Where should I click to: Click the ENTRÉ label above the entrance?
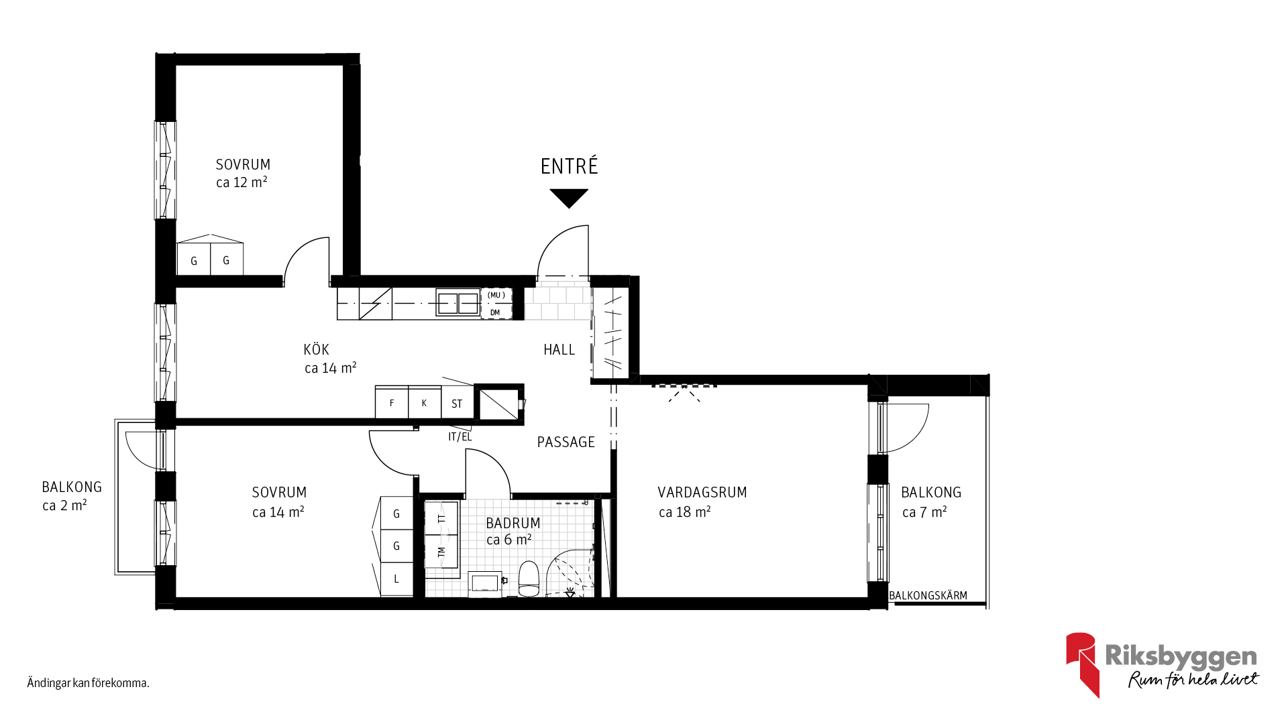pyautogui.click(x=569, y=166)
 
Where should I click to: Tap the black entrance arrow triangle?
pyautogui.click(x=569, y=198)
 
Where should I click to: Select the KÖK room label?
pyautogui.click(x=317, y=349)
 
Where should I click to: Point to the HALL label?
pyautogui.click(x=559, y=349)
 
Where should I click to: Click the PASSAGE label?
pyautogui.click(x=566, y=442)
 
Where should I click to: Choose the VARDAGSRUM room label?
pyautogui.click(x=702, y=493)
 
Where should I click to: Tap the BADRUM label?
pyautogui.click(x=513, y=523)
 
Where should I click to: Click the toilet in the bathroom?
pyautogui.click(x=529, y=579)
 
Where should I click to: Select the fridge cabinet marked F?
pyautogui.click(x=392, y=403)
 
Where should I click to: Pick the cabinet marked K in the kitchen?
pyautogui.click(x=425, y=403)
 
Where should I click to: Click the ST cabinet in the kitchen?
pyautogui.click(x=458, y=403)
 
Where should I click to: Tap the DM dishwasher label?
pyautogui.click(x=495, y=312)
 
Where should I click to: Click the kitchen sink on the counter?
pyautogui.click(x=458, y=304)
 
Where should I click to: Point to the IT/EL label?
pyautogui.click(x=460, y=437)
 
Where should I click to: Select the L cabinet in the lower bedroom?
pyautogui.click(x=396, y=579)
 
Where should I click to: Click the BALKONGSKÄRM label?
pyautogui.click(x=928, y=595)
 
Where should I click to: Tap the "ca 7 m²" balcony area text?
pyautogui.click(x=924, y=512)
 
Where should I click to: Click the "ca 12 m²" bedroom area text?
pyautogui.click(x=241, y=182)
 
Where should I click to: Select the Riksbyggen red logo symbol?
pyautogui.click(x=1082, y=664)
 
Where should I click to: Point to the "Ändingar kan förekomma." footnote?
pyautogui.click(x=88, y=683)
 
